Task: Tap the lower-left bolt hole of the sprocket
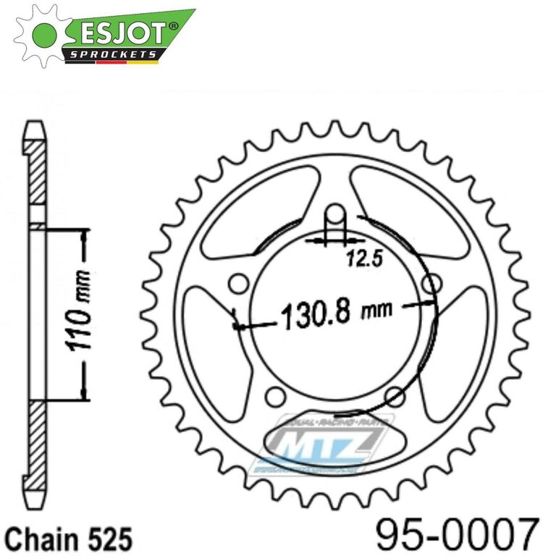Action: (273, 396)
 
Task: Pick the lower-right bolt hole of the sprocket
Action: (395, 396)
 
